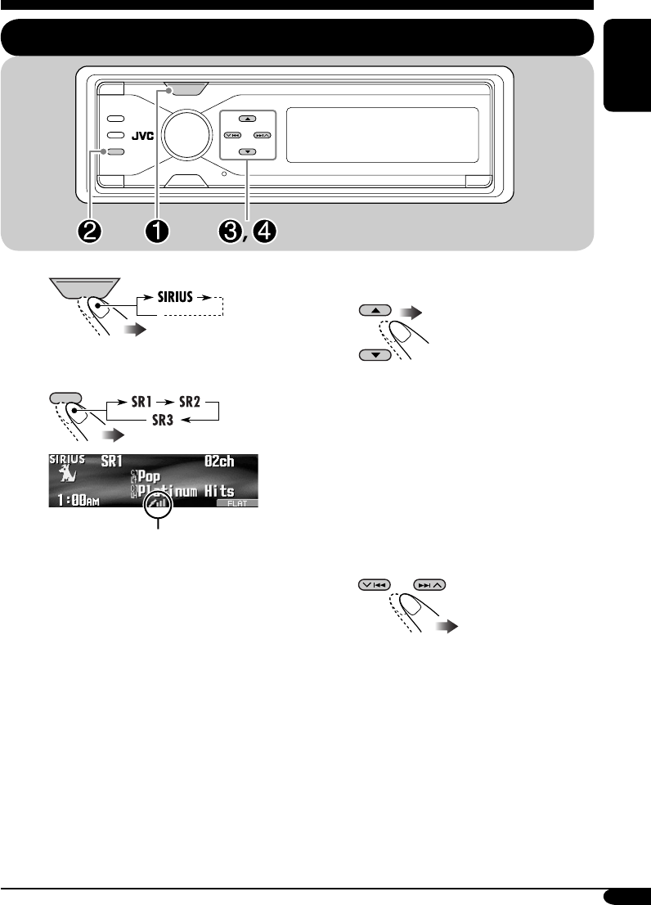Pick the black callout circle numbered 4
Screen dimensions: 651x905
click(x=265, y=231)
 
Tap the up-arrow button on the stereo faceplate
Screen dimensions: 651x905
click(x=247, y=119)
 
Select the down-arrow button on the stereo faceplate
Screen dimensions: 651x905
click(x=247, y=152)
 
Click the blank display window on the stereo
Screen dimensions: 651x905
click(x=384, y=135)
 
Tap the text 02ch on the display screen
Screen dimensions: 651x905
click(x=217, y=462)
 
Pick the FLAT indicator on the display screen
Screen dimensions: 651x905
click(x=236, y=504)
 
